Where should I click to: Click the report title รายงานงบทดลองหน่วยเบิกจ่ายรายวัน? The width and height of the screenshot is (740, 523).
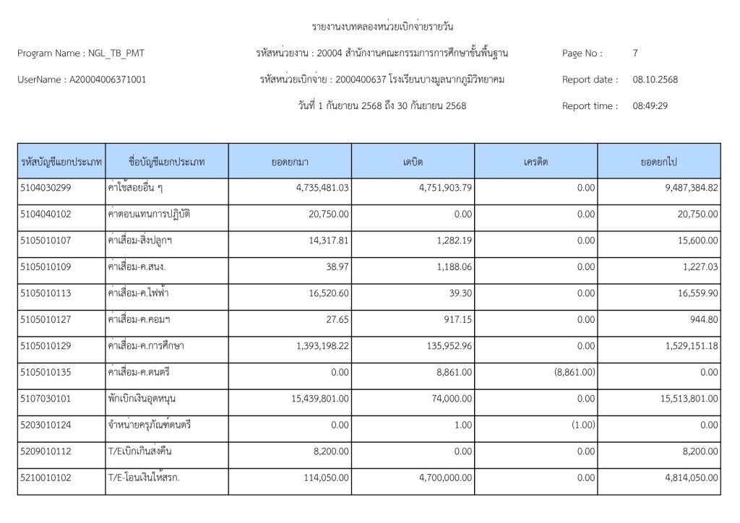(382, 27)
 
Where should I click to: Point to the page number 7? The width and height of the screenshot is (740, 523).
(635, 53)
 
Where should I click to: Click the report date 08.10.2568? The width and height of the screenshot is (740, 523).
(655, 79)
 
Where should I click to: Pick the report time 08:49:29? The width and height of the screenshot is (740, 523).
(650, 105)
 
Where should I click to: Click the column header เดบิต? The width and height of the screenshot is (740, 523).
(413, 162)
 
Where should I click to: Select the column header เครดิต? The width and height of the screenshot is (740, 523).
(536, 162)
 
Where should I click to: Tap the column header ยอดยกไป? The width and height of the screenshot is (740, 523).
(658, 162)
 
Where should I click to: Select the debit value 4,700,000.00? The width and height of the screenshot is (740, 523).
(439, 477)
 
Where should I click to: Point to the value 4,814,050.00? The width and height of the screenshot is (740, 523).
(682, 477)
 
